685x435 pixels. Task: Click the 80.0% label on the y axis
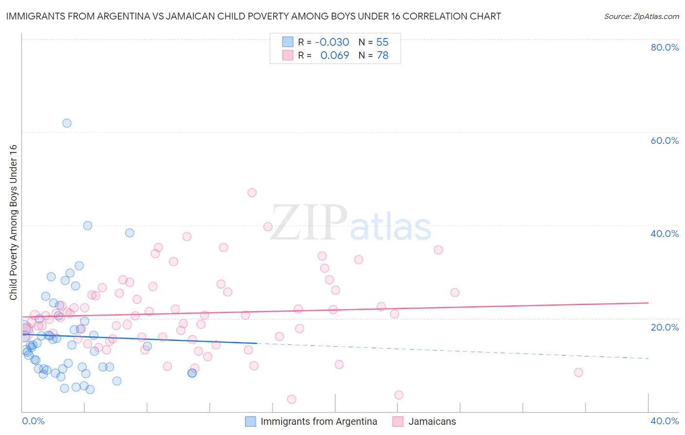(665, 47)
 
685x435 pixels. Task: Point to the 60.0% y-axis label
(665, 140)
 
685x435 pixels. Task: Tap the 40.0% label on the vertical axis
(665, 234)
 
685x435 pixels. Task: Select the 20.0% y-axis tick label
(665, 327)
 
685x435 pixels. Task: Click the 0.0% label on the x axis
(33, 421)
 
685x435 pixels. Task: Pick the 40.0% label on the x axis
(665, 421)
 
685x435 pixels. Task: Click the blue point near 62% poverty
(67, 123)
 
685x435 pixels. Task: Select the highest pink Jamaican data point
(252, 193)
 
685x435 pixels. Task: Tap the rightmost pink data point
(578, 373)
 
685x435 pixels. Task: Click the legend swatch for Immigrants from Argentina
(250, 421)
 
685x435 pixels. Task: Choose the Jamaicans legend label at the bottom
(432, 421)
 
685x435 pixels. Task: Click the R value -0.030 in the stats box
(332, 42)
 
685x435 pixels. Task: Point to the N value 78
(382, 56)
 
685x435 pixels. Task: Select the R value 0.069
(335, 56)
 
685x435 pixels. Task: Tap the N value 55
(382, 42)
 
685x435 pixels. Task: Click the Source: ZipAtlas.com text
(641, 17)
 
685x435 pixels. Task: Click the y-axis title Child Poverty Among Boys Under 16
(14, 222)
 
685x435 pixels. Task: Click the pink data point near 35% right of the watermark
(438, 250)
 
